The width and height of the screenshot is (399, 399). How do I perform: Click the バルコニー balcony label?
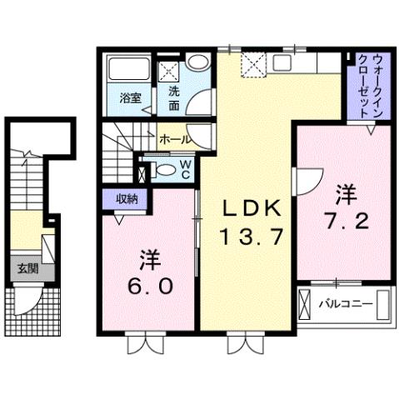pyautogui.click(x=345, y=303)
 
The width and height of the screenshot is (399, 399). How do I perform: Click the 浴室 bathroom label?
pyautogui.click(x=129, y=97)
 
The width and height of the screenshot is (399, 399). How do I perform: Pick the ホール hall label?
pyautogui.click(x=174, y=138)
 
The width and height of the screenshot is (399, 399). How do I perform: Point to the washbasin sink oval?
pyautogui.click(x=198, y=63)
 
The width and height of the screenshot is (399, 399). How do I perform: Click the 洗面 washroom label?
pyautogui.click(x=174, y=97)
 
